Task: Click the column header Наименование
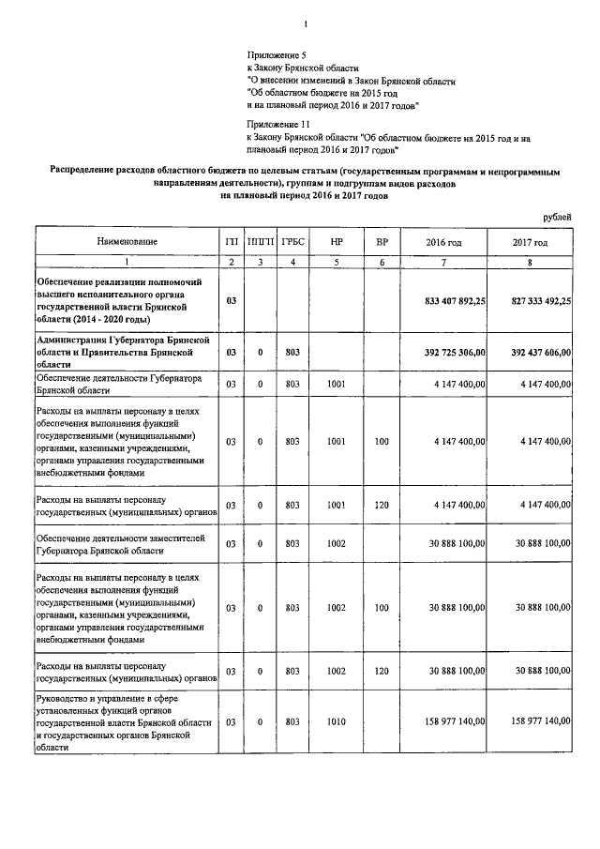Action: (x=126, y=243)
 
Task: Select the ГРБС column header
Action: (x=292, y=243)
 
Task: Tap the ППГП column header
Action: (x=260, y=243)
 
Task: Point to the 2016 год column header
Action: (x=443, y=243)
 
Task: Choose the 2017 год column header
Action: (x=530, y=243)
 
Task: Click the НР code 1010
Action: (x=337, y=721)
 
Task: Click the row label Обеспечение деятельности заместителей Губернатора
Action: (x=126, y=543)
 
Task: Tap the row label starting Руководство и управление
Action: (x=126, y=723)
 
